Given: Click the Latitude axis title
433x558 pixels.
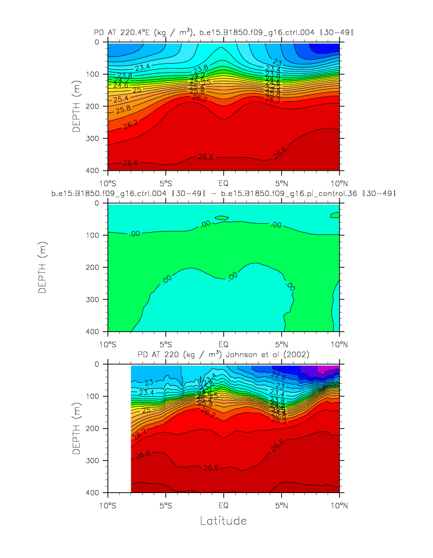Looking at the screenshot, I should (x=223, y=521).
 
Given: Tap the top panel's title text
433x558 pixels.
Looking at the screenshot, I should (x=223, y=32).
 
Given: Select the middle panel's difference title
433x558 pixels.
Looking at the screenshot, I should (x=223, y=193).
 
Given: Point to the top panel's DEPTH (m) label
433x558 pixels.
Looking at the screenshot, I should (x=77, y=106).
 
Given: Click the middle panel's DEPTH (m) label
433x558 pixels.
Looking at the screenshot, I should (x=43, y=267).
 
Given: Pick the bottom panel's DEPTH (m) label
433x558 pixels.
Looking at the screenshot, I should (x=77, y=428).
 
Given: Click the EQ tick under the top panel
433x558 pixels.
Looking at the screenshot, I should (x=223, y=181).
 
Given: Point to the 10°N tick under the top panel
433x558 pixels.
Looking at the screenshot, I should (x=339, y=181).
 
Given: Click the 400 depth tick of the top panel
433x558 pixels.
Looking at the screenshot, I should (x=96, y=171).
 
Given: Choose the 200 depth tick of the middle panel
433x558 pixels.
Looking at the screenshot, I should (x=96, y=267).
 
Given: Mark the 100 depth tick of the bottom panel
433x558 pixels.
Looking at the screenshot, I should (x=96, y=396).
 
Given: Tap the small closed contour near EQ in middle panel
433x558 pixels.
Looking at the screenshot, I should (x=222, y=218).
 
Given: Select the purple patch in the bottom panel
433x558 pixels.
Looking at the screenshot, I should (x=325, y=369).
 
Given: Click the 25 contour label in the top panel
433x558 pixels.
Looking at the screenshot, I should (x=137, y=90).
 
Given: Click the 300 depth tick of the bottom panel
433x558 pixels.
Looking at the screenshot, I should (x=96, y=460).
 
